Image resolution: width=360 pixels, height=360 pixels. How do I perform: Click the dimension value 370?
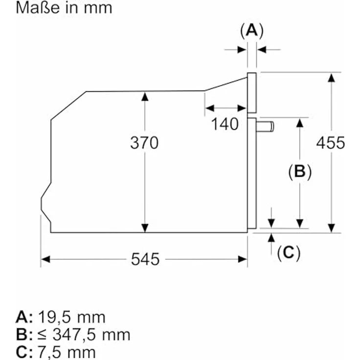pyautogui.click(x=144, y=143)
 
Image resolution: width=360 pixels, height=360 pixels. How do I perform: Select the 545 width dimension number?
pyautogui.click(x=145, y=259)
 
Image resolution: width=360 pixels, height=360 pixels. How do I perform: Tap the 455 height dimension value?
pyautogui.click(x=331, y=143)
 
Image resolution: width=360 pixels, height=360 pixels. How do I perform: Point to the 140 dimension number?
pyautogui.click(x=225, y=124)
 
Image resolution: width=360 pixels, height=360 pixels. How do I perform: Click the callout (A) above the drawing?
pyautogui.click(x=252, y=30)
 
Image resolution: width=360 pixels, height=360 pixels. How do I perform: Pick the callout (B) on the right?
pyautogui.click(x=300, y=172)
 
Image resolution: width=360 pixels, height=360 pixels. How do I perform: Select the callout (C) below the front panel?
pyautogui.click(x=289, y=253)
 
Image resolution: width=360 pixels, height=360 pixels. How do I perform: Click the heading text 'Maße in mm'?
pyautogui.click(x=64, y=7)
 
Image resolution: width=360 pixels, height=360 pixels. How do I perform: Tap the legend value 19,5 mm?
pyautogui.click(x=71, y=317)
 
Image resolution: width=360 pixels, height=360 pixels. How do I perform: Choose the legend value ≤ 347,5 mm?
pyautogui.click(x=84, y=335)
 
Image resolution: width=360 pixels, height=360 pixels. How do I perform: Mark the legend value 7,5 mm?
pyautogui.click(x=67, y=352)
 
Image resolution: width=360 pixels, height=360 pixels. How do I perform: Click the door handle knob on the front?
pyautogui.click(x=265, y=127)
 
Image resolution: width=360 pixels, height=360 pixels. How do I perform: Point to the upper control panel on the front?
pyautogui.click(x=252, y=93)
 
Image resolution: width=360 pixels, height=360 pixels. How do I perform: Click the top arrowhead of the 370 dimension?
pyautogui.click(x=145, y=96)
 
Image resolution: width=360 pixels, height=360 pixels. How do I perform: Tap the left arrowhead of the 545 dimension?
pyautogui.click(x=45, y=259)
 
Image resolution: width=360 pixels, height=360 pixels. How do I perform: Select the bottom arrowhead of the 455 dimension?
pyautogui.click(x=331, y=228)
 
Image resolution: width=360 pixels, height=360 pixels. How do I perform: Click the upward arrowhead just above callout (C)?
pyautogui.click(x=271, y=238)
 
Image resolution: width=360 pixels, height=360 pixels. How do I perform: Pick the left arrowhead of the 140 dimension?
pyautogui.click(x=210, y=108)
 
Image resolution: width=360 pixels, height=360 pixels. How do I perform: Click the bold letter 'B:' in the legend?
pyautogui.click(x=24, y=335)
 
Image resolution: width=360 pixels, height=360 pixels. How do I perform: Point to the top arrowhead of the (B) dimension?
pyautogui.click(x=300, y=123)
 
